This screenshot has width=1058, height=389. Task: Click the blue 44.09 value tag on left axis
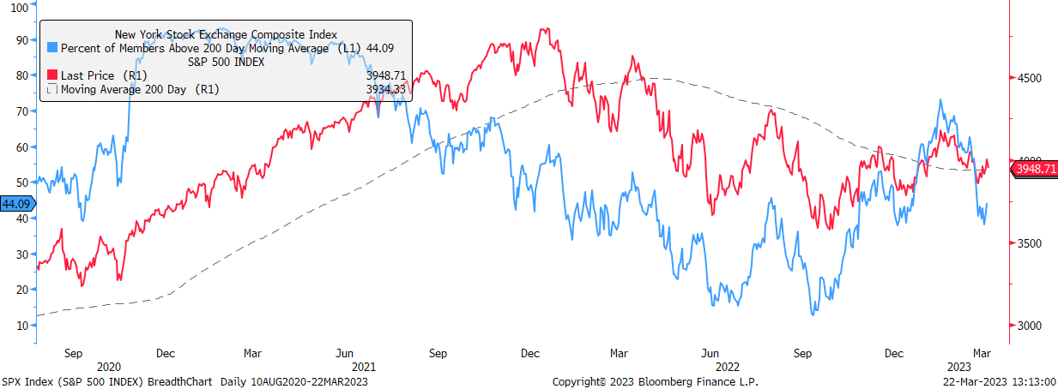coord(17,204)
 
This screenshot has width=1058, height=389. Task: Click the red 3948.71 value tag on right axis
coord(1035,169)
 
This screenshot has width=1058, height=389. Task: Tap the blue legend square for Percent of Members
coord(52,49)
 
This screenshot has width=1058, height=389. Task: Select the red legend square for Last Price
coord(52,75)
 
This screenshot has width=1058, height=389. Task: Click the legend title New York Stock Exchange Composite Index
coord(226,34)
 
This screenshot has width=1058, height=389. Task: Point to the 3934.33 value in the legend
coord(385,89)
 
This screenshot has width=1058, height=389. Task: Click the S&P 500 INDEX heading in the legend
coord(226,62)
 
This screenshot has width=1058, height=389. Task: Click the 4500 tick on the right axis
coord(1029,78)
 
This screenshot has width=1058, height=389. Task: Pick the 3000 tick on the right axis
coord(1029,326)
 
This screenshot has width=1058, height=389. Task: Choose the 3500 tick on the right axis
coord(1029,243)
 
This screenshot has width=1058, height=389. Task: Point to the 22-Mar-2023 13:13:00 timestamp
coord(996,381)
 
